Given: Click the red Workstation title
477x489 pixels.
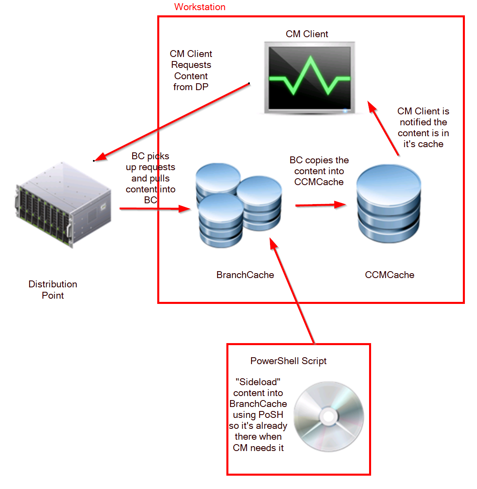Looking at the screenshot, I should click(x=200, y=7).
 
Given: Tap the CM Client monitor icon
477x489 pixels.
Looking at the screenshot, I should click(x=310, y=78).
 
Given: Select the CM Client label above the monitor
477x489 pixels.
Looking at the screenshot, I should click(x=307, y=34).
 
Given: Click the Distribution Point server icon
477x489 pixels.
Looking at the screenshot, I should click(x=63, y=204).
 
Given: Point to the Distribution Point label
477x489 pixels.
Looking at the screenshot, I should click(x=53, y=290).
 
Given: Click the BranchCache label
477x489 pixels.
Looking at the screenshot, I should click(x=245, y=275).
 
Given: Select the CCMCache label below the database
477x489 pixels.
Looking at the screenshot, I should click(x=389, y=275).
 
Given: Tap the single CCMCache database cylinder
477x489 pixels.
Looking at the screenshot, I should click(x=388, y=204).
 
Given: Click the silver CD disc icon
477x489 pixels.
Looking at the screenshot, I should click(x=329, y=416).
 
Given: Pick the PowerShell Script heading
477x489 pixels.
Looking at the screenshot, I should click(x=288, y=361).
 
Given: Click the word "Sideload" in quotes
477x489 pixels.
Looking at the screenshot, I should click(x=258, y=382).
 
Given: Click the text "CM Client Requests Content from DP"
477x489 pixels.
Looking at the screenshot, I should click(x=191, y=70).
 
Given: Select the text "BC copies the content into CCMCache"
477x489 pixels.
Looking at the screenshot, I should click(x=319, y=171).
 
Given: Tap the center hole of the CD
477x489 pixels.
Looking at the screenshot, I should click(x=329, y=416).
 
